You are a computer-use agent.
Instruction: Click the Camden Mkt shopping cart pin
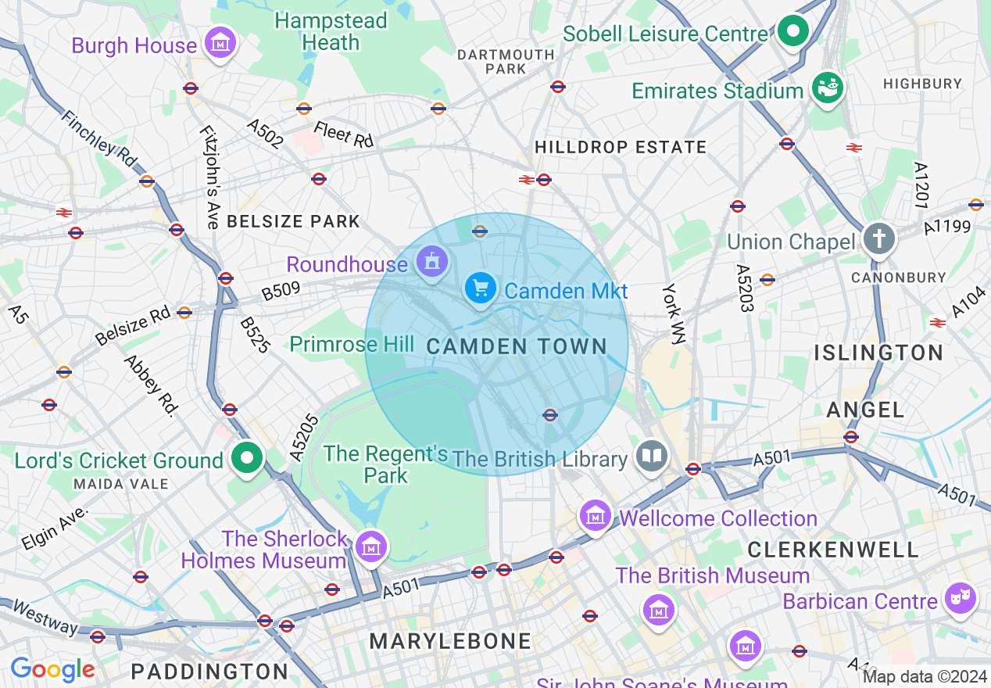pyautogui.click(x=481, y=288)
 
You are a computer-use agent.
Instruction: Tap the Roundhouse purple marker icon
pyautogui.click(x=431, y=262)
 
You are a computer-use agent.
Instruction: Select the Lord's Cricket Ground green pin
pyautogui.click(x=248, y=458)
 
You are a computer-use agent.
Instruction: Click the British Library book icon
pyautogui.click(x=651, y=456)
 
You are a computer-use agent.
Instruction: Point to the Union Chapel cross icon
pyautogui.click(x=878, y=238)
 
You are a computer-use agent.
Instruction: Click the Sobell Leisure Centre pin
pyautogui.click(x=794, y=32)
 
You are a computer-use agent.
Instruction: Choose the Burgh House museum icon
pyautogui.click(x=220, y=41)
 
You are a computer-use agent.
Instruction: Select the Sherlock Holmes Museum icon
pyautogui.click(x=371, y=546)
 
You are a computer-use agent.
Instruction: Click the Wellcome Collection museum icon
pyautogui.click(x=596, y=515)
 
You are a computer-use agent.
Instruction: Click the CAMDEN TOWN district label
pyautogui.click(x=517, y=346)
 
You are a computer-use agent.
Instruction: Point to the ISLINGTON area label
pyautogui.click(x=878, y=353)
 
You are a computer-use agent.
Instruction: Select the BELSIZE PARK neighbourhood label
pyautogui.click(x=293, y=221)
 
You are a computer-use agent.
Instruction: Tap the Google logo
pyautogui.click(x=52, y=669)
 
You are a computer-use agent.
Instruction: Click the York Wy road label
pyautogui.click(x=673, y=313)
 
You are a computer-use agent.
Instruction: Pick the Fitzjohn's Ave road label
pyautogui.click(x=209, y=177)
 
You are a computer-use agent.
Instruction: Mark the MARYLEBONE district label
pyautogui.click(x=450, y=642)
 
